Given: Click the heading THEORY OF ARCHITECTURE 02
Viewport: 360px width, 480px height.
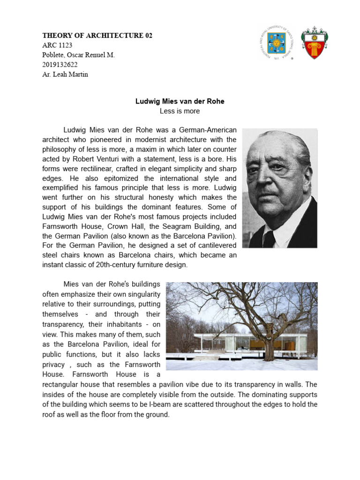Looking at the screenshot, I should [x=97, y=36].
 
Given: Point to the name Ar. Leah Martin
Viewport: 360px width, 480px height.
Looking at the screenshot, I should [x=65, y=75].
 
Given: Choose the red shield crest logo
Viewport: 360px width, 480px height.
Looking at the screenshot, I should [x=314, y=43].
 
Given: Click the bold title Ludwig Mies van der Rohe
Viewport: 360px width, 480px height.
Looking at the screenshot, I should [x=180, y=101].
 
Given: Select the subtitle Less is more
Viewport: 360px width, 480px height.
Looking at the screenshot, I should [x=180, y=111].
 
